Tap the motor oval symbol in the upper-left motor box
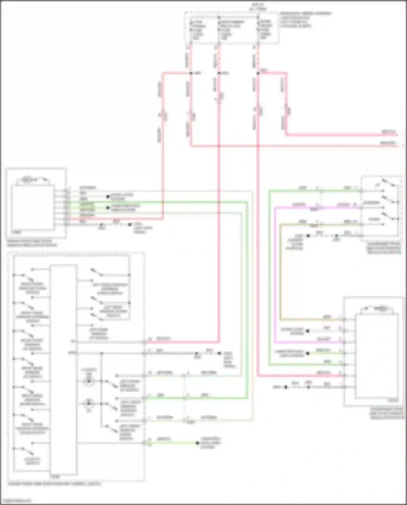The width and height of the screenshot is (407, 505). tap(27, 179)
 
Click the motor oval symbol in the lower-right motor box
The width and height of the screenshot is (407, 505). tap(381, 309)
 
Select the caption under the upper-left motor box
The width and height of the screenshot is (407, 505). tap(32, 243)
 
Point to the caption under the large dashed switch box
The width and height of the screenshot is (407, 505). tap(54, 484)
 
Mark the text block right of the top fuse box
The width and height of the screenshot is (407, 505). tap(305, 20)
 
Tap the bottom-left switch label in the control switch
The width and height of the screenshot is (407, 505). tap(32, 461)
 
